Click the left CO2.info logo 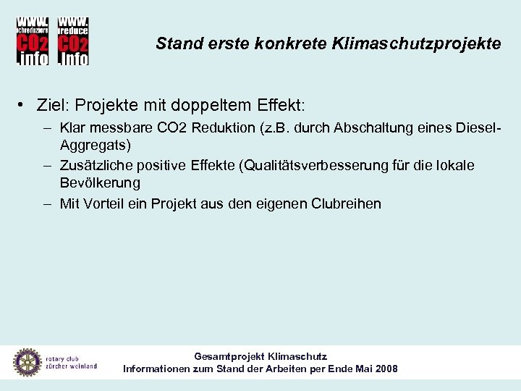33,40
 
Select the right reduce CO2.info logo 72,40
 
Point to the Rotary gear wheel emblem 27,363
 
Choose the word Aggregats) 96,145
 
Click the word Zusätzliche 95,166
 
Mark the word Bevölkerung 100,183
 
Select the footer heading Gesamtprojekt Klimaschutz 260,357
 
